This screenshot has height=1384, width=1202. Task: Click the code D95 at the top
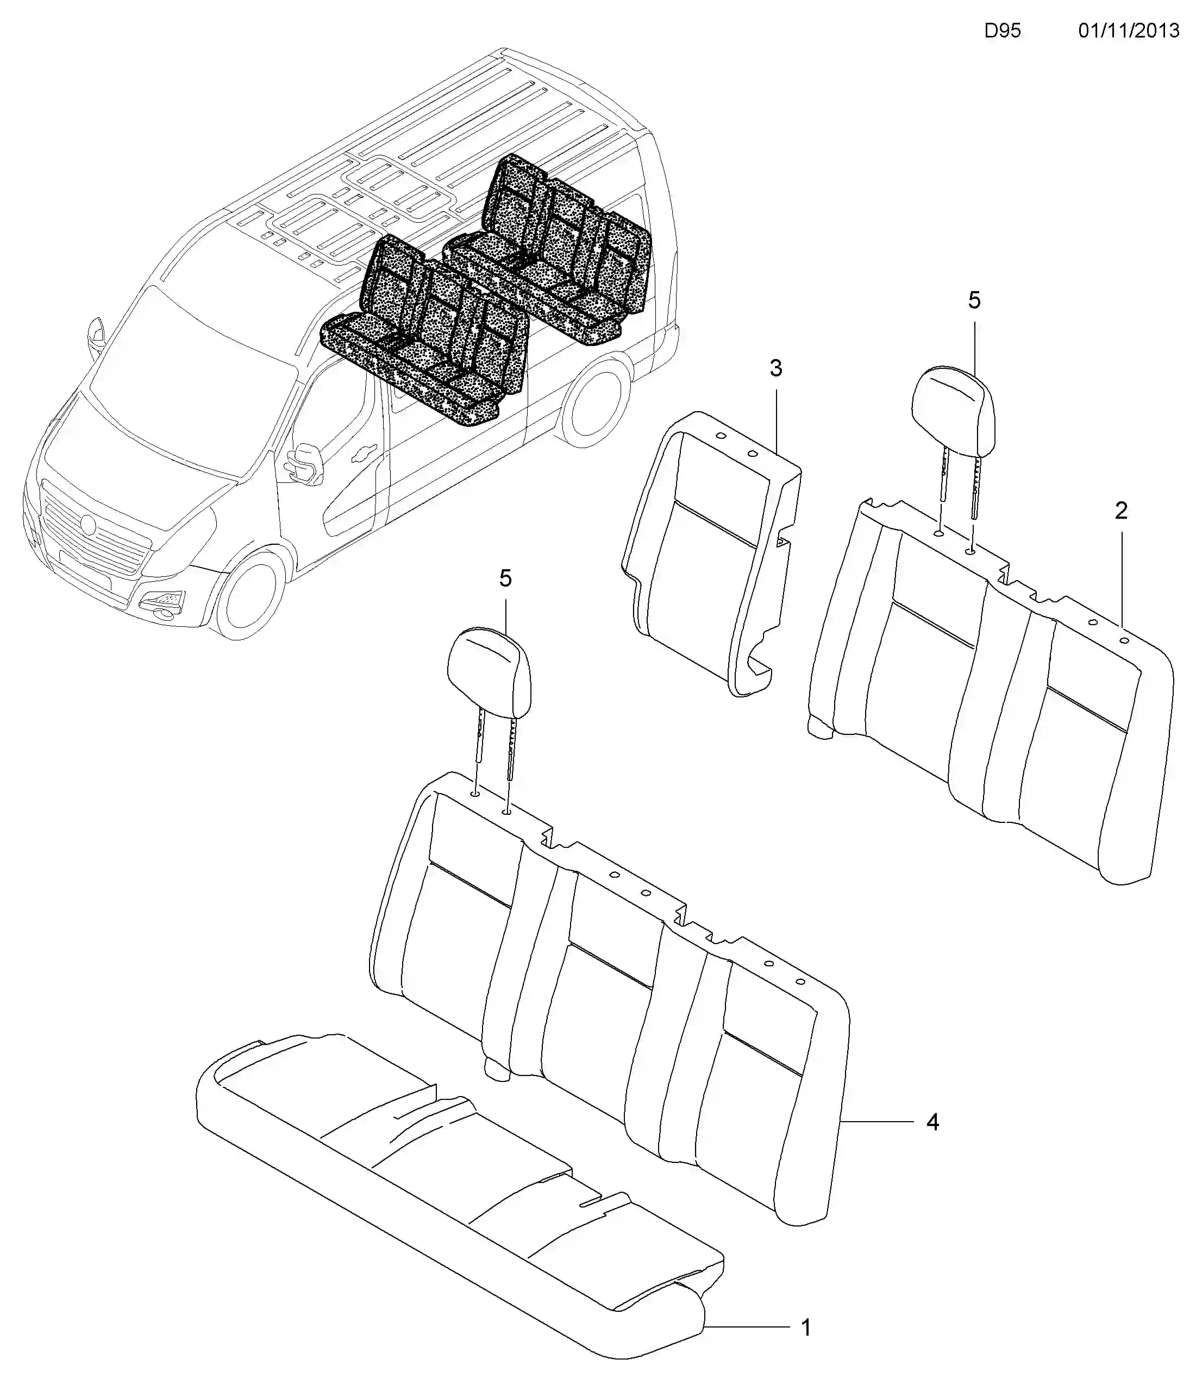pyautogui.click(x=1002, y=31)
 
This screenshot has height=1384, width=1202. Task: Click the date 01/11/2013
pyautogui.click(x=1128, y=31)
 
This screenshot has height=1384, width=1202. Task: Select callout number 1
pyautogui.click(x=806, y=1308)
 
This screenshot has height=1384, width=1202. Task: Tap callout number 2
pyautogui.click(x=1121, y=511)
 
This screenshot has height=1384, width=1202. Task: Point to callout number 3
pyautogui.click(x=775, y=368)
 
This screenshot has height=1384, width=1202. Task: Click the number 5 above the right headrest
pyautogui.click(x=974, y=300)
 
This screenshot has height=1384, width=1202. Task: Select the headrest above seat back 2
pyautogui.click(x=953, y=409)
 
